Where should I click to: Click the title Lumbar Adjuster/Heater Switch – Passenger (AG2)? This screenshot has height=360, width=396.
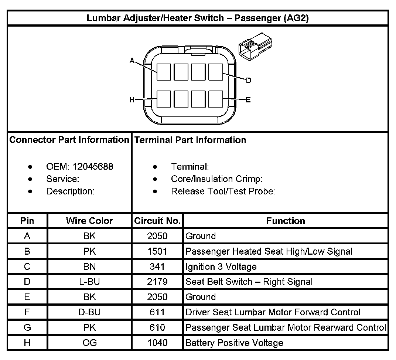click(198, 18)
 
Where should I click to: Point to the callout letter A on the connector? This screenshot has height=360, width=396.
click(132, 61)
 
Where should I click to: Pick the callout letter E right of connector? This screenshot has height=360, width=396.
click(248, 99)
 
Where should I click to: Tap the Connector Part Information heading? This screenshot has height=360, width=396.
click(69, 140)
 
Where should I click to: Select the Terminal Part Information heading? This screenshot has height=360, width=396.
click(190, 140)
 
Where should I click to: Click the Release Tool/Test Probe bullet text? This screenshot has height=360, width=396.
click(223, 191)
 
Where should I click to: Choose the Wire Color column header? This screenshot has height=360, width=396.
click(89, 221)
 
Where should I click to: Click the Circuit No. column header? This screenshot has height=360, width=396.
click(157, 221)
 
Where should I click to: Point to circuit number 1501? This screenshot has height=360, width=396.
click(157, 251)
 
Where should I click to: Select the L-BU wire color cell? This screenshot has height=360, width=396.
click(89, 282)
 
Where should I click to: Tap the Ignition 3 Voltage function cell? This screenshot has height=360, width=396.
click(221, 266)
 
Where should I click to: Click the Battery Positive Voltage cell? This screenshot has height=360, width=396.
click(234, 343)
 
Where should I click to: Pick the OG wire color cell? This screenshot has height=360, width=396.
click(89, 343)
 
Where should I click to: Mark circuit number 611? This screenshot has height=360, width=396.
click(157, 312)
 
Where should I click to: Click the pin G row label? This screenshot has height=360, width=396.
click(27, 327)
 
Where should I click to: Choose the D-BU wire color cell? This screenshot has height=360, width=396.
click(89, 312)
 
